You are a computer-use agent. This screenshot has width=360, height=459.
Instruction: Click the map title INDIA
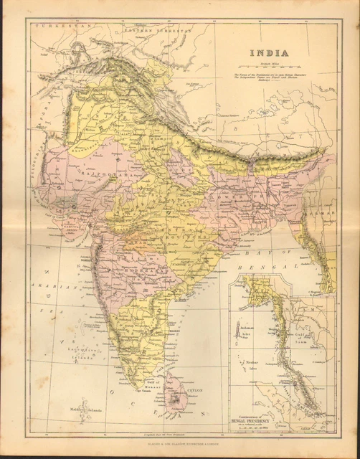tap(269, 52)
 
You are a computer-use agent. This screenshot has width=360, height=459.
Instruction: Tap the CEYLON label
tap(195, 390)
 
